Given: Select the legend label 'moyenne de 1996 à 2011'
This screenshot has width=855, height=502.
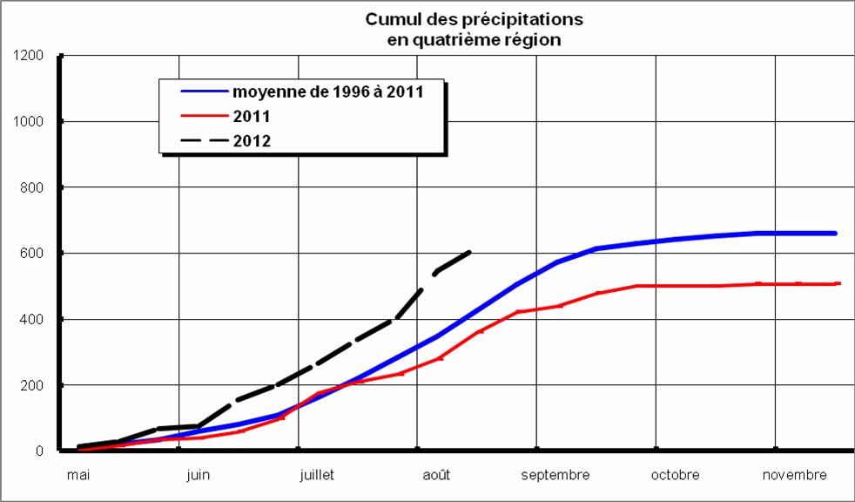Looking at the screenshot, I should pos(327,91).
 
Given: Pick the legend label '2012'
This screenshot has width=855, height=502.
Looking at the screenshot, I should pos(252,140).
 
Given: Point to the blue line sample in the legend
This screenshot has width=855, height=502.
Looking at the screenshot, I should pos(203,91).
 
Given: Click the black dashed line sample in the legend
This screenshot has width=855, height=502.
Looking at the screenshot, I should pos(203,140).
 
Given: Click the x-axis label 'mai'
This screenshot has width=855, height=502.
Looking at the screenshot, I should pos(78,475).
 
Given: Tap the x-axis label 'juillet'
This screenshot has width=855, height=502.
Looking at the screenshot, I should pos(316,475).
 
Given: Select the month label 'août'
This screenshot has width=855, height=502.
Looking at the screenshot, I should pos(435,475).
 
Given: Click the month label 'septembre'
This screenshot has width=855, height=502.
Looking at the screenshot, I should pos(555,475).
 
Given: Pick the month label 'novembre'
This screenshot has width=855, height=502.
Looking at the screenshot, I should pos(794,475).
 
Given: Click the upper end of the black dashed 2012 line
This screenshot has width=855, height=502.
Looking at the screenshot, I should pos(470,252).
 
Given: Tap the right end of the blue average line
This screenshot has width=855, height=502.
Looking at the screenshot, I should pos(835,233).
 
